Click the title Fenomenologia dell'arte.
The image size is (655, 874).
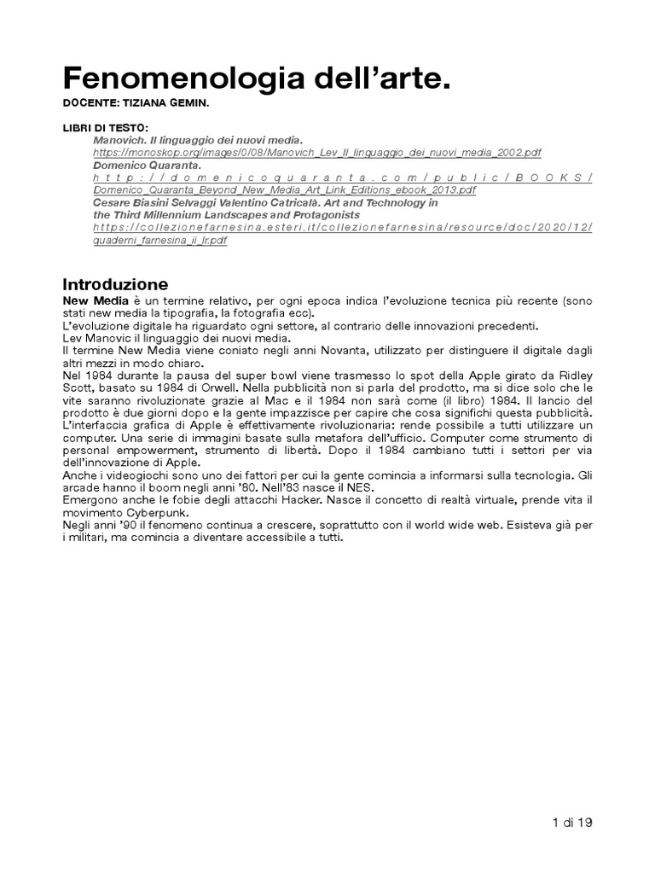(254, 80)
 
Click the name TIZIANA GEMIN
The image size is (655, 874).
(171, 106)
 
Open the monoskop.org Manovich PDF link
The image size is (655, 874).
(316, 152)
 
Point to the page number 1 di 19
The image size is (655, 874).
(572, 823)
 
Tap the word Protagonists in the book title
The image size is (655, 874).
(322, 216)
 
